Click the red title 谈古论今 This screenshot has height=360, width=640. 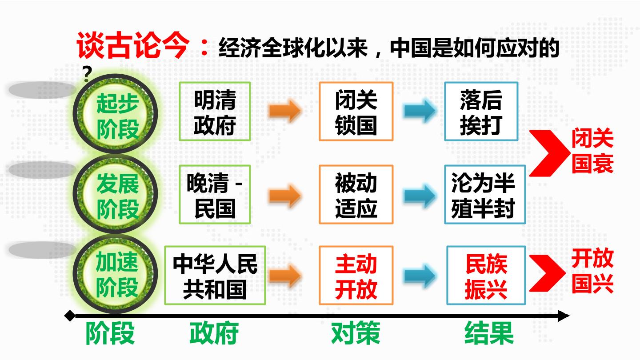coord(133,45)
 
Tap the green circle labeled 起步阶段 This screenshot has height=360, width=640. coord(116,114)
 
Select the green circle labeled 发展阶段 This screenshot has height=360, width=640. coord(116,194)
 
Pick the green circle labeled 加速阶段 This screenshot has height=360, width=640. coord(116,274)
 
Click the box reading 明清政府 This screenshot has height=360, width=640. coord(215,112)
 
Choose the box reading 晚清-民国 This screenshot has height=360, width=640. coord(215,194)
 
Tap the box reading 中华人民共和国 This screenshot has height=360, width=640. coord(215,276)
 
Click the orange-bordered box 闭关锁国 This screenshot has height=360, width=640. coord(356,112)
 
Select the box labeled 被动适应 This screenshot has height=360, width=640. coord(356,194)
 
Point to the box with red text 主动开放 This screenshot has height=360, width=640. coord(356,276)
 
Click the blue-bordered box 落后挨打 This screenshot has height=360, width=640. coord(481,112)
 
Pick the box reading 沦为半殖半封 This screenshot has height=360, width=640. coord(485,194)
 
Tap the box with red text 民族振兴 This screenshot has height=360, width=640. coord(486,276)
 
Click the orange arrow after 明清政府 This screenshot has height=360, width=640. coord(284,111)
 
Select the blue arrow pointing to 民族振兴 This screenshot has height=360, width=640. coord(420,276)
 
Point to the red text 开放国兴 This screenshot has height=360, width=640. coord(592,271)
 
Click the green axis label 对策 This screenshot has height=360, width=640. coord(356,333)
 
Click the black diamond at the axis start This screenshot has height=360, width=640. coord(70,316)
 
